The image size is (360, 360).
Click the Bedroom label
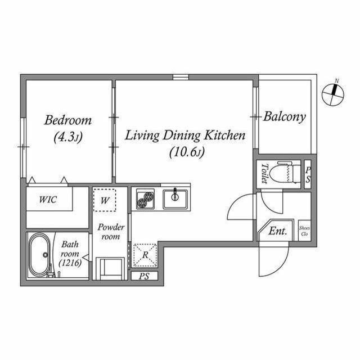click(x=68, y=120)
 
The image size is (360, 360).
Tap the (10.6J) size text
click(x=187, y=152)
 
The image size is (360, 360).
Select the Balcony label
click(x=285, y=117)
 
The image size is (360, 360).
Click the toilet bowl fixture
click(x=285, y=173)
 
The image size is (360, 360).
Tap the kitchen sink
click(x=175, y=199)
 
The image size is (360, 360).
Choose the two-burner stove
click(x=145, y=199)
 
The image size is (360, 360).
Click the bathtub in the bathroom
click(x=39, y=255)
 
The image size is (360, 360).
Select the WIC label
click(x=48, y=199)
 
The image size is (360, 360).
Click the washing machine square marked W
click(x=105, y=200)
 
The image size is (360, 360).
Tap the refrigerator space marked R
click(x=145, y=255)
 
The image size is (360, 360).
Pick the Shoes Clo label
click(x=304, y=231)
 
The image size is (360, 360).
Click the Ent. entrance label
click(x=278, y=231)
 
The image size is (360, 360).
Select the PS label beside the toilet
click(x=308, y=175)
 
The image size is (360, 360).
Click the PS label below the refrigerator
click(x=144, y=276)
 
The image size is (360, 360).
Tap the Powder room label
click(x=110, y=232)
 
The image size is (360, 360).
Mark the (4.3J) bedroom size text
click(x=68, y=137)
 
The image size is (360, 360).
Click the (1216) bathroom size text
click(x=70, y=263)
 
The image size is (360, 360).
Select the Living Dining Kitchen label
click(x=185, y=135)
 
